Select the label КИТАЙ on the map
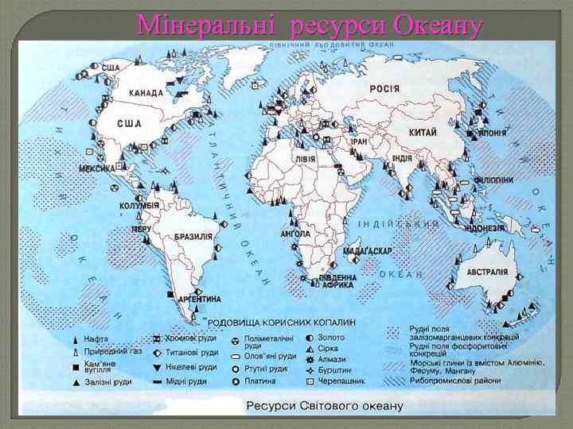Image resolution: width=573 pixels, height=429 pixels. (423, 132)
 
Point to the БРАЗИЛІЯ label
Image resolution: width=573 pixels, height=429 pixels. (193, 236)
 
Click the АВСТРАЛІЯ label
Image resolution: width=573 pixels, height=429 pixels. (487, 271)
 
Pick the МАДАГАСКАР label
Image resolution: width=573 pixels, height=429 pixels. (368, 250)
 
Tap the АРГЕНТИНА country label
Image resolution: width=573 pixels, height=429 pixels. (200, 300)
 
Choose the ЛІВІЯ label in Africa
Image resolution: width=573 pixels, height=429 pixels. (305, 158)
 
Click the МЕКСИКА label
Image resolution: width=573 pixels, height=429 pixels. (97, 168)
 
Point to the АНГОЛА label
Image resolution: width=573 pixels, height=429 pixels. (295, 234)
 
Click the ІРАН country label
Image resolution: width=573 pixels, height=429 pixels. (359, 141)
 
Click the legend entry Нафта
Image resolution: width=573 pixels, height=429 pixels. (96, 338)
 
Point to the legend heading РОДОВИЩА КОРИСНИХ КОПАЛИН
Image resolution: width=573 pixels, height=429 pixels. (283, 322)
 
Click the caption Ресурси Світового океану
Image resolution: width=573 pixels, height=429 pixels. (324, 406)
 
